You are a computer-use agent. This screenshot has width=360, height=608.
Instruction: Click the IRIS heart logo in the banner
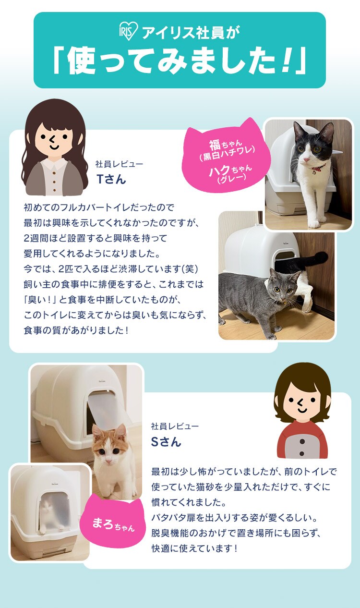129,32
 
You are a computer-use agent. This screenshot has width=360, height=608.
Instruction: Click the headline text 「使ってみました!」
180,62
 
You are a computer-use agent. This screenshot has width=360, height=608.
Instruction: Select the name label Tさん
111,179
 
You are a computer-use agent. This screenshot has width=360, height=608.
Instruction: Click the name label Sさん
166,441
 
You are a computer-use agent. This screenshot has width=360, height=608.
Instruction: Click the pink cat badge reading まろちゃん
113,523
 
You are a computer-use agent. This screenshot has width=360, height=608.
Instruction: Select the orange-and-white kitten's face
108,444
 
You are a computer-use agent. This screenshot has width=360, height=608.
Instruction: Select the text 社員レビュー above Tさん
119,164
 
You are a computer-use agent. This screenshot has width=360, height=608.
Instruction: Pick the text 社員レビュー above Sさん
175,426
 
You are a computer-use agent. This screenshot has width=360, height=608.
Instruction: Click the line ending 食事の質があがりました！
76,331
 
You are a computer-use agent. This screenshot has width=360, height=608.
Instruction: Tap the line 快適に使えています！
194,548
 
